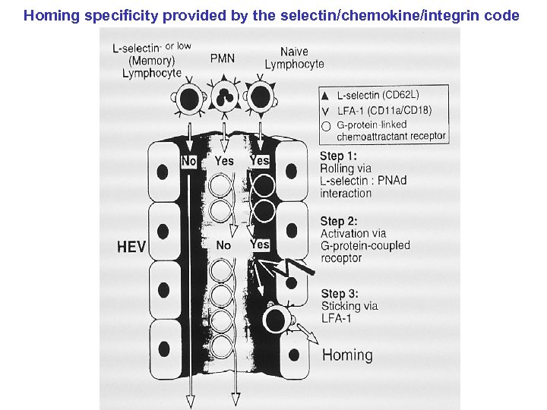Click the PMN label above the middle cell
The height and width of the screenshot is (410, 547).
pyautogui.click(x=222, y=58)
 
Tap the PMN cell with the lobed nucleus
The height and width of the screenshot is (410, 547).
pyautogui.click(x=223, y=96)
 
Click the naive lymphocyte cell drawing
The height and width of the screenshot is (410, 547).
pyautogui.click(x=260, y=96)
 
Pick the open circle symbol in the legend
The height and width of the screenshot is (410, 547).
pyautogui.click(x=326, y=126)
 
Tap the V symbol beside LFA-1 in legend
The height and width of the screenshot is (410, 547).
pyautogui.click(x=326, y=111)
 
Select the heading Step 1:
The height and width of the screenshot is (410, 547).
pyautogui.click(x=340, y=156)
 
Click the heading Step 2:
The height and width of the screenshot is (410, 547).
pyautogui.click(x=340, y=221)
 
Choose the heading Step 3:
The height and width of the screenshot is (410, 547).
pyautogui.click(x=340, y=294)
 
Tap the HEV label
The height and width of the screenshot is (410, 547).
pyautogui.click(x=131, y=247)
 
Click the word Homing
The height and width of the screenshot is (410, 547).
pyautogui.click(x=347, y=355)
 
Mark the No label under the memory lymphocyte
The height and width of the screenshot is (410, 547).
pyautogui.click(x=189, y=160)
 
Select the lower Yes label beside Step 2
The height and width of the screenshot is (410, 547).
pyautogui.click(x=260, y=244)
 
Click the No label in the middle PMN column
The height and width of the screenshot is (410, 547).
pyautogui.click(x=223, y=245)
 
